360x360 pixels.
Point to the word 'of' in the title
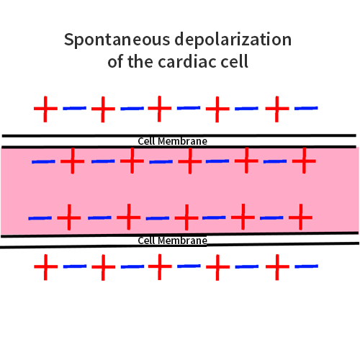116,62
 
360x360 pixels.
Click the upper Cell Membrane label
173,141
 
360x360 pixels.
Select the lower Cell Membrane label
173,240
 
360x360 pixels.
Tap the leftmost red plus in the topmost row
45,109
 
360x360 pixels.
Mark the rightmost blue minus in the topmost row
305,109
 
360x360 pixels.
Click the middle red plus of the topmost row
160,109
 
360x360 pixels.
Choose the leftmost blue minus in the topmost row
75,109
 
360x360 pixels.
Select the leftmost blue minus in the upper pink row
43,161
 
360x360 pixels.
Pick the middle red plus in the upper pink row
189,161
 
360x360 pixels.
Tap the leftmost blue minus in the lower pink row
40,217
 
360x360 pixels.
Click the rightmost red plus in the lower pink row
300,215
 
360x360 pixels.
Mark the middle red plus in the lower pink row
186,216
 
